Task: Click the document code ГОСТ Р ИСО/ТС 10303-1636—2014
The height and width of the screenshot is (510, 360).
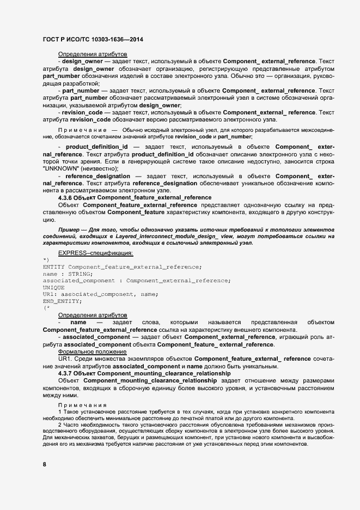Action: click(93, 40)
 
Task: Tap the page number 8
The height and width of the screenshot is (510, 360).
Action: click(44, 464)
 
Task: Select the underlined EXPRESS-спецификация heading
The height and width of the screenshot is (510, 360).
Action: click(95, 253)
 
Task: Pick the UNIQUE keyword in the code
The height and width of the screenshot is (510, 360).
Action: click(53, 287)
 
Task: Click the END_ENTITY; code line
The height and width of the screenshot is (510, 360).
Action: click(62, 301)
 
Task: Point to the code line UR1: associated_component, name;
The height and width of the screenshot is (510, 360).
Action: click(100, 294)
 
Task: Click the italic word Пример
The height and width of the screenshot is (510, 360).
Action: click(68, 230)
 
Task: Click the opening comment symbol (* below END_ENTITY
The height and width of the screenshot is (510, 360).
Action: click(46, 308)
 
